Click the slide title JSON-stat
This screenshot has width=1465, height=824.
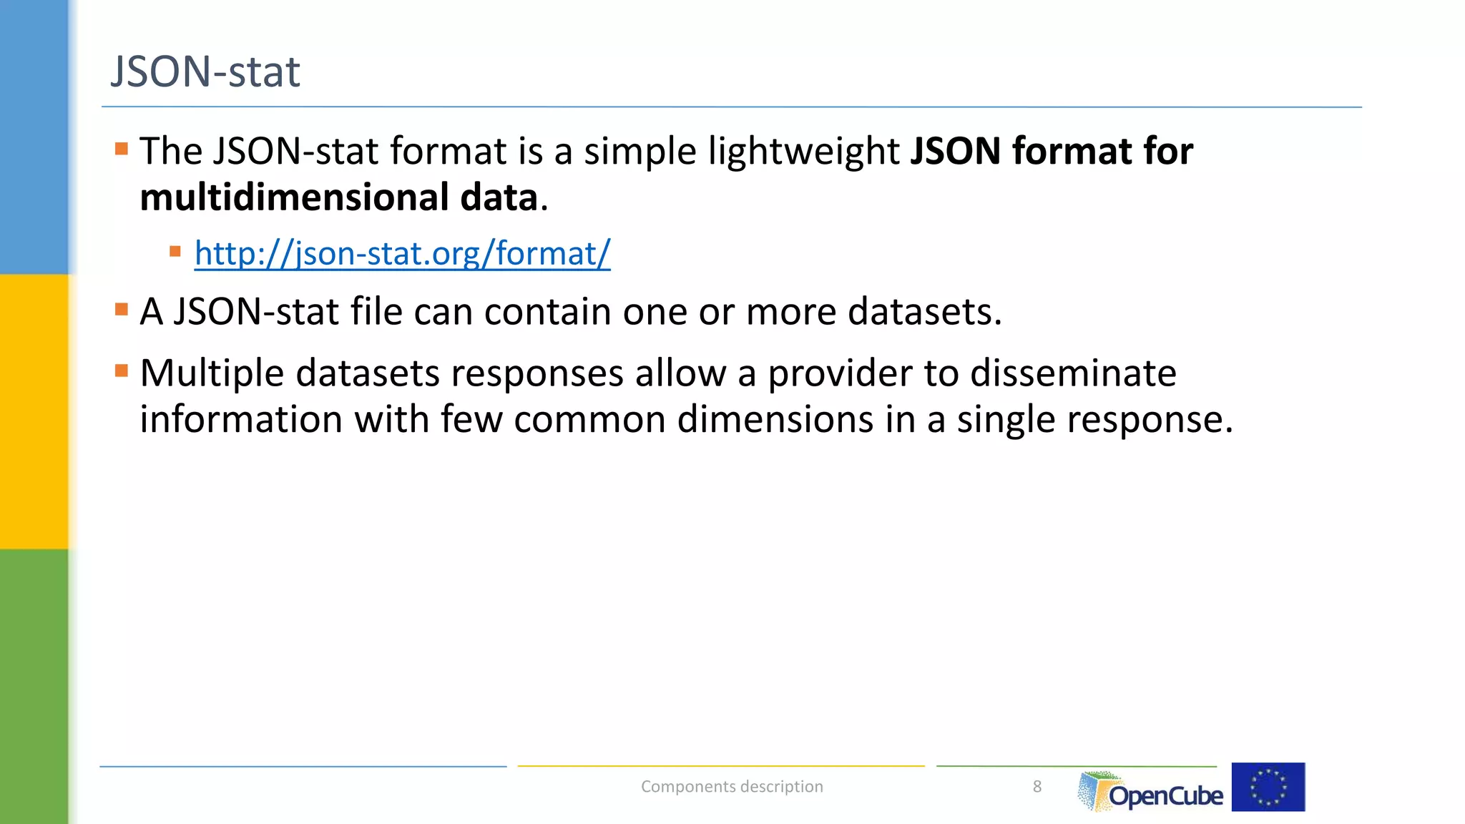pyautogui.click(x=205, y=72)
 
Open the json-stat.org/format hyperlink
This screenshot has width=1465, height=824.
pyautogui.click(x=402, y=253)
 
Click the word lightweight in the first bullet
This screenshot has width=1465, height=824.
pyautogui.click(x=803, y=152)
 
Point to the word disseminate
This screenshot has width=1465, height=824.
pyautogui.click(x=1072, y=373)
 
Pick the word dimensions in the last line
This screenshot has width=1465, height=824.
pyautogui.click(x=775, y=419)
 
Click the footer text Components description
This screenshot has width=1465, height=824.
pyautogui.click(x=732, y=787)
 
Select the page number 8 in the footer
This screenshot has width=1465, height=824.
pyautogui.click(x=1037, y=787)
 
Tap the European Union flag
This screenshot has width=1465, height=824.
pyautogui.click(x=1268, y=787)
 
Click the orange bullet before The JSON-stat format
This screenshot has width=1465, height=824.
pyautogui.click(x=122, y=149)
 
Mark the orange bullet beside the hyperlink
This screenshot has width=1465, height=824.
pyautogui.click(x=175, y=251)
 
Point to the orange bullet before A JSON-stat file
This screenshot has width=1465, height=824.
pyautogui.click(x=122, y=310)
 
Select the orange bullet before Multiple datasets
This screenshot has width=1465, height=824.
pyautogui.click(x=122, y=371)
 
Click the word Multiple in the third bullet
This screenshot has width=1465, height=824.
pyautogui.click(x=212, y=373)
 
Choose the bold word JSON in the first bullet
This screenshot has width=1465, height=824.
pyautogui.click(x=955, y=152)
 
